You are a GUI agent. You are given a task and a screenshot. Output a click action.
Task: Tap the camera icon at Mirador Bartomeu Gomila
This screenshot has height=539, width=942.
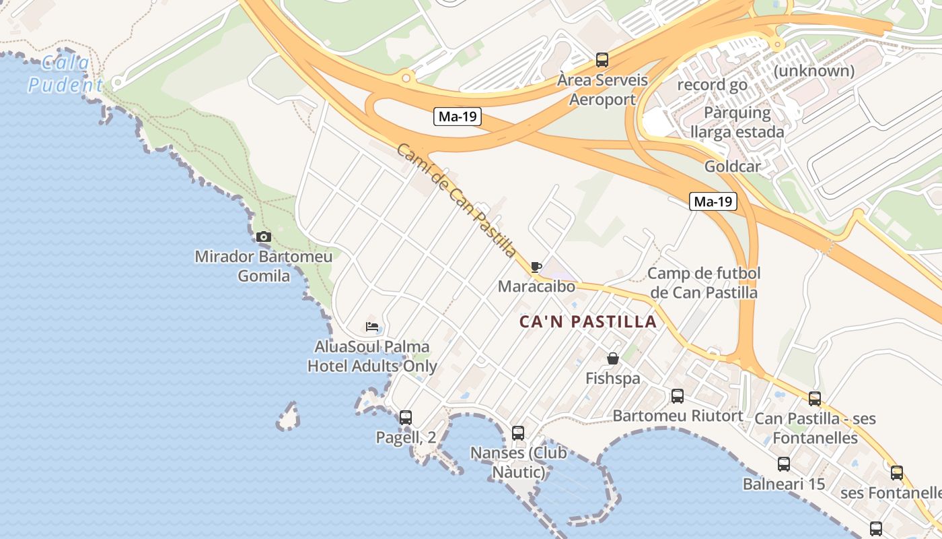264,236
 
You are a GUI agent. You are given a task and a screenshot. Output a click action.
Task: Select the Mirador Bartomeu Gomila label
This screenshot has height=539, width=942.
264,266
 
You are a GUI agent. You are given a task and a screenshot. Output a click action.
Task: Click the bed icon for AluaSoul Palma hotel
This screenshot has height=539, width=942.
372,327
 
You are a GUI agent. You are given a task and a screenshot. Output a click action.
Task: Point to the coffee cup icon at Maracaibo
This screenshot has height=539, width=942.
536,267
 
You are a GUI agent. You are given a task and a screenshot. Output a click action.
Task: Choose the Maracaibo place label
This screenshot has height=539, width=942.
536,286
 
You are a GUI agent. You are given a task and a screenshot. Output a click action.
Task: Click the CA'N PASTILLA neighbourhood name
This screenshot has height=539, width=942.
588,321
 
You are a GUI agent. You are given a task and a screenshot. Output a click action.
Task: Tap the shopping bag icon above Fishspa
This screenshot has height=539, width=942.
612,358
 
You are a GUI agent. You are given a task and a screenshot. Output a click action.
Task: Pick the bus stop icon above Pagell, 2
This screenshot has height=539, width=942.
406,417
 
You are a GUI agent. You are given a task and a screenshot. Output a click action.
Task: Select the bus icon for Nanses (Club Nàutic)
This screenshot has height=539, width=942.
518,433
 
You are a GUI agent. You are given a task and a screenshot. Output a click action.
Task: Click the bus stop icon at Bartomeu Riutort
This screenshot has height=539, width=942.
678,395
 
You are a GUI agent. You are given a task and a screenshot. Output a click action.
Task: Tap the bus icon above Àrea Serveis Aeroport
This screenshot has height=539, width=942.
602,59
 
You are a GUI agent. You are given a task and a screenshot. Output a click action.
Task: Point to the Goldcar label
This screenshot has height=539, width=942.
732,166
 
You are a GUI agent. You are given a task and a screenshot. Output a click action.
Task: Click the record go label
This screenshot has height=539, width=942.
712,85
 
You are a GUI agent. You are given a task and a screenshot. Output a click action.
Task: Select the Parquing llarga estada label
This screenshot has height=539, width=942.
737,122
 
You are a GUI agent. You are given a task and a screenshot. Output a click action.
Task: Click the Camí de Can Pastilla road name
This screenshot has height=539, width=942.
456,200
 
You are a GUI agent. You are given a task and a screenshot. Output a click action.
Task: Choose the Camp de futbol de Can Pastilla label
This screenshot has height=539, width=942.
704,283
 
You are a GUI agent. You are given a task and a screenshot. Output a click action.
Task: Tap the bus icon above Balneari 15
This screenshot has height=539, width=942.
784,464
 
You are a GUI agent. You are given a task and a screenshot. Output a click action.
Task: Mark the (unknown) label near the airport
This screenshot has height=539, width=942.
814,71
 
